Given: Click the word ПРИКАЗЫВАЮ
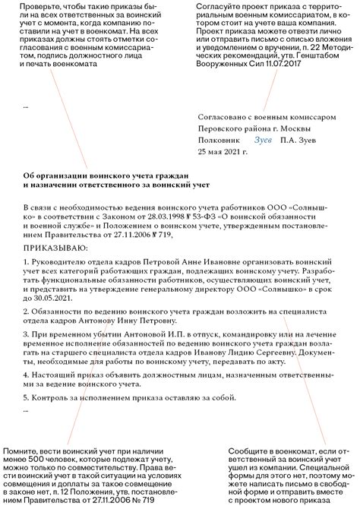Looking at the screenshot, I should pyautogui.click(x=55, y=247).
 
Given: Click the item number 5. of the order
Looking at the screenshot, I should pyautogui.click(x=26, y=398).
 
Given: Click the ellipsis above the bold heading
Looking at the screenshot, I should pyautogui.click(x=26, y=106).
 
